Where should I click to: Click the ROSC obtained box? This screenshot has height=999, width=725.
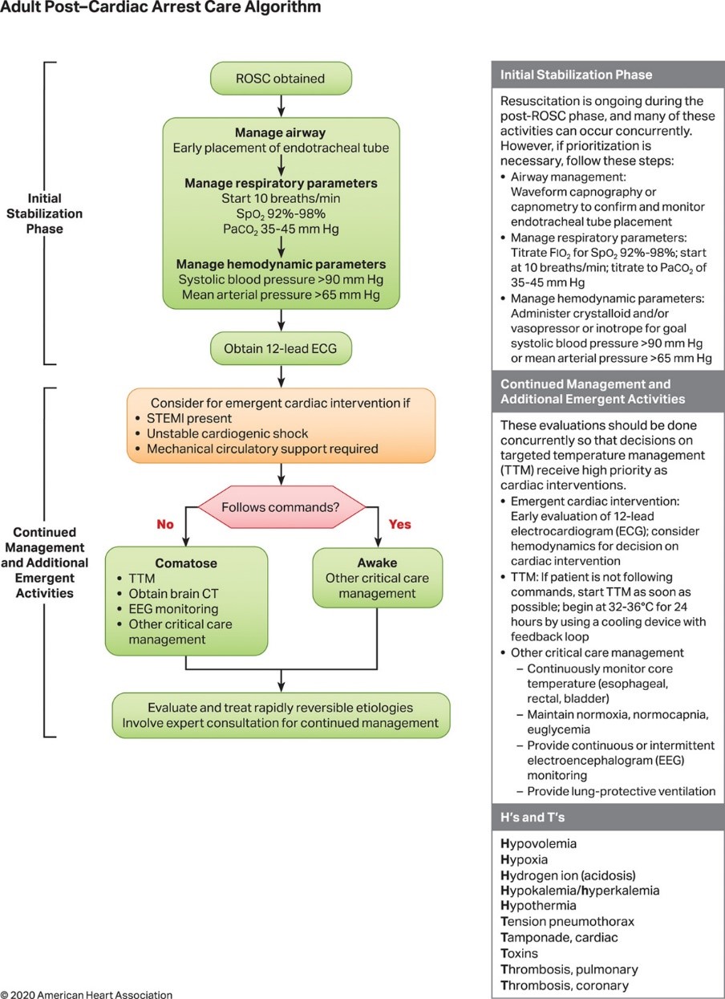(280, 79)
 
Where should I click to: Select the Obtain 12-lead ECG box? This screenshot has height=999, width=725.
(280, 349)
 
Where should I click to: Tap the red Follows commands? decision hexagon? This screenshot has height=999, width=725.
(280, 506)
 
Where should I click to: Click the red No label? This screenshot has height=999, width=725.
(165, 524)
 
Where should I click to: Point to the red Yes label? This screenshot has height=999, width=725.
(399, 524)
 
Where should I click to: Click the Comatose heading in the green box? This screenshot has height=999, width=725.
(186, 562)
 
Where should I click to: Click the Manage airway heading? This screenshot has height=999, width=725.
(281, 133)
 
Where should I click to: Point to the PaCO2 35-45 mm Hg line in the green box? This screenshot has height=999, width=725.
(281, 229)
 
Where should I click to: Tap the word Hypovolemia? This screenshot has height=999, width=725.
(538, 844)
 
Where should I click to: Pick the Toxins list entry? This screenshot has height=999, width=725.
(520, 953)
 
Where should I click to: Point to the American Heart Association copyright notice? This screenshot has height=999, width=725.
(87, 994)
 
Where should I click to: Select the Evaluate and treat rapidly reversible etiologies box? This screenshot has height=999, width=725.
(280, 715)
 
